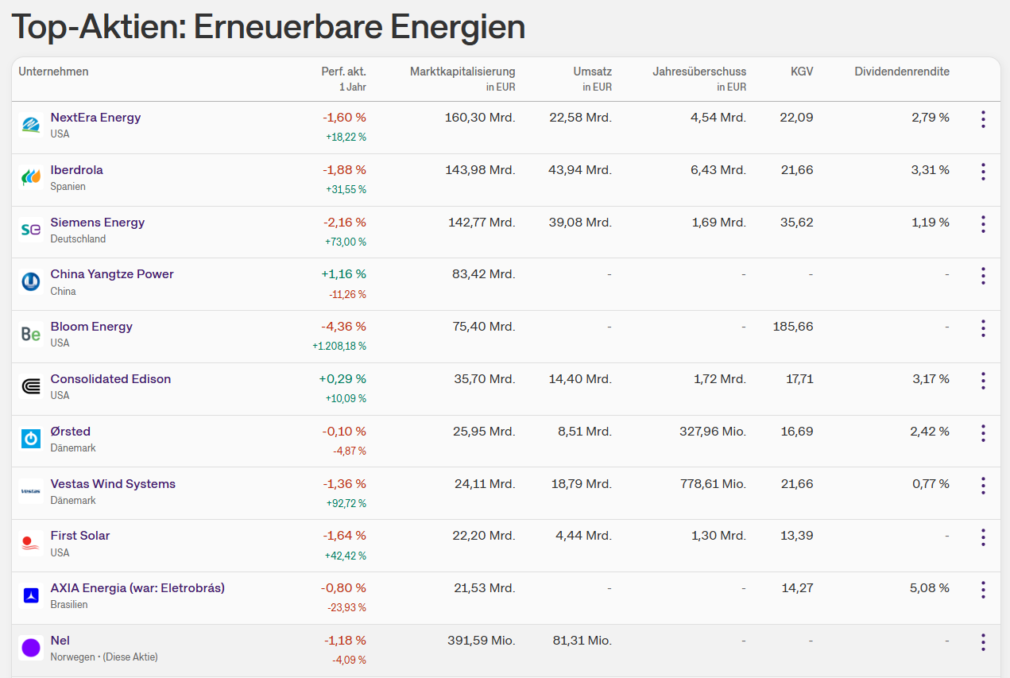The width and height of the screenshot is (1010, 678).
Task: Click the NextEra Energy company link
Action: [95, 118]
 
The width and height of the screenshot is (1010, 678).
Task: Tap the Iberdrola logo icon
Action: [31, 176]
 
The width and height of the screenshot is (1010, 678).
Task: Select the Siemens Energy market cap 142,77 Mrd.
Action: [482, 223]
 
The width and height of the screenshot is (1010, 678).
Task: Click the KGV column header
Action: [802, 72]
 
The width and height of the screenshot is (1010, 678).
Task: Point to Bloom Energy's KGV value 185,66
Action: [793, 327]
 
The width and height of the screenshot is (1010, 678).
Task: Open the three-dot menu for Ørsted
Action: [984, 433]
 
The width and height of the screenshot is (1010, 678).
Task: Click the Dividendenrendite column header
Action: [902, 72]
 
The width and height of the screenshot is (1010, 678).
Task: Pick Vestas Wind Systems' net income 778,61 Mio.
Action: [713, 484]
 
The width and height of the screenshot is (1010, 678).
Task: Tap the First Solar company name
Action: [80, 536]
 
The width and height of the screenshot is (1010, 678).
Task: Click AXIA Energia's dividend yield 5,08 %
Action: [929, 587]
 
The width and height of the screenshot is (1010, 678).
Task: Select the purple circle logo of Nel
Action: [31, 648]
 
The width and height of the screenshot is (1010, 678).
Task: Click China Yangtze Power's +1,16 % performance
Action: [343, 273]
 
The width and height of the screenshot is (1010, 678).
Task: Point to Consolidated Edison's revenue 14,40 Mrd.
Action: [580, 379]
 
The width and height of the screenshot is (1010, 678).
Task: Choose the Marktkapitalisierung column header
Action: [462, 72]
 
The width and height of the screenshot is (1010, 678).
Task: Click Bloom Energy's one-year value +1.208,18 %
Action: [339, 346]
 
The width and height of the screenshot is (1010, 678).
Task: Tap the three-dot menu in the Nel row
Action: [984, 642]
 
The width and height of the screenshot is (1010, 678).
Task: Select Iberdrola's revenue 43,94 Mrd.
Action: [580, 170]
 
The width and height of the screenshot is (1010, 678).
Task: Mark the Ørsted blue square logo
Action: [31, 439]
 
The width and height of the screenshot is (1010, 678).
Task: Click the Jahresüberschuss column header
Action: [699, 72]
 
